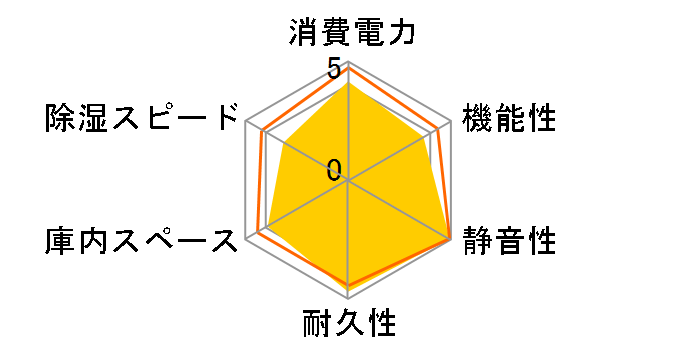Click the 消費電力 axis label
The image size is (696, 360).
click(348, 33)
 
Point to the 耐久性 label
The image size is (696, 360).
click(348, 325)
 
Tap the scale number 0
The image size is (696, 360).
click(334, 169)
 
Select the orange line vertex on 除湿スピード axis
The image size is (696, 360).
click(262, 131)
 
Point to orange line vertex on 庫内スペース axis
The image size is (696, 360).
click(258, 233)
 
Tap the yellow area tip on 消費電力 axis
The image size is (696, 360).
click(348, 83)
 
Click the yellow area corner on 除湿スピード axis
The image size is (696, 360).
click(285, 144)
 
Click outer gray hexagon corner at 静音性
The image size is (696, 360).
click(451, 240)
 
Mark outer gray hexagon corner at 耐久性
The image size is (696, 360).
click(348, 299)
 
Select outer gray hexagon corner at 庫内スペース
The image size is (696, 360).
click(246, 240)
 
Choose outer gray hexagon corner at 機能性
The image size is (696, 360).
click(451, 121)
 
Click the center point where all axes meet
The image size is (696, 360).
click(348, 181)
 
